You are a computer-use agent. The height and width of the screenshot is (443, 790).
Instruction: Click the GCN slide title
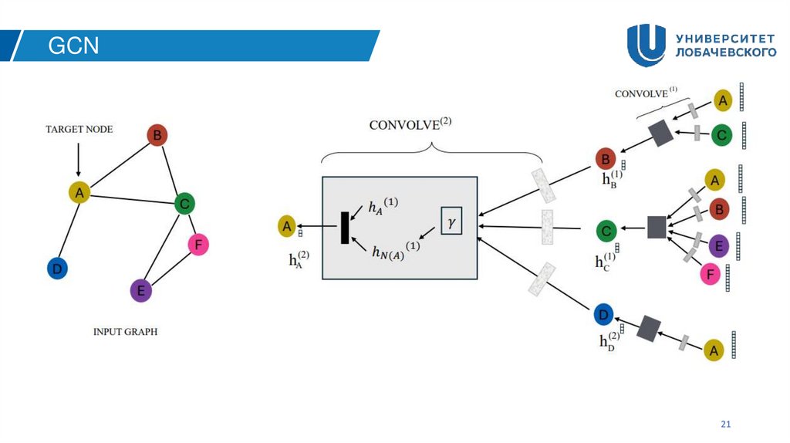[74, 46]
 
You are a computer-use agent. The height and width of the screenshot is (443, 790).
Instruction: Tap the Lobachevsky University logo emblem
[646, 46]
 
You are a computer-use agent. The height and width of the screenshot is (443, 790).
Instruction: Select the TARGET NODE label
[78, 129]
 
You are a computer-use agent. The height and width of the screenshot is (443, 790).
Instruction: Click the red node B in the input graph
[157, 136]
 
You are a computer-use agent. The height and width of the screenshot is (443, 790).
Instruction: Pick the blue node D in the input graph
[57, 269]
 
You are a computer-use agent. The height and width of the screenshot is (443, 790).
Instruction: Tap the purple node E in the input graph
[140, 290]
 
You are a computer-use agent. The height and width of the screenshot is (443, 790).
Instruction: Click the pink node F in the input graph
[198, 245]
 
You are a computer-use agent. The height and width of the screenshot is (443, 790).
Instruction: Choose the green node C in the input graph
[184, 204]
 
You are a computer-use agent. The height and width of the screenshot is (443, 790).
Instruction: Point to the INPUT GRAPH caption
[125, 332]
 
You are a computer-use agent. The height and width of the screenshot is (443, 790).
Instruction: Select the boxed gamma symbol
[451, 221]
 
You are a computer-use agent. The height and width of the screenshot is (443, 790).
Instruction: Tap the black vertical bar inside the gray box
[345, 227]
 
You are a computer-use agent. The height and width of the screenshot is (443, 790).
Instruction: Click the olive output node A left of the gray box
[287, 226]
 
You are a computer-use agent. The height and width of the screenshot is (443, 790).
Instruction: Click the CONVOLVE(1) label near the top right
[646, 93]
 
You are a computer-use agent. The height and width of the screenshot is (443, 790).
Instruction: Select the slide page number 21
[724, 424]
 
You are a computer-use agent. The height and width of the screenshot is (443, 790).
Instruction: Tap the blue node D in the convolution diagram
[604, 315]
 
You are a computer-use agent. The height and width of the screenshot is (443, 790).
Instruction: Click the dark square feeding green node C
[656, 227]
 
